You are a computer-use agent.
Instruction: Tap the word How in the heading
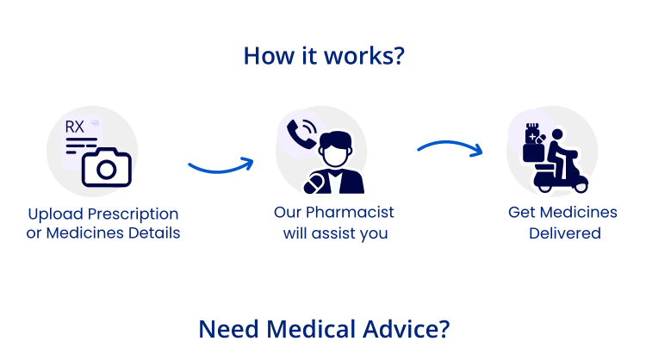coord(262,56)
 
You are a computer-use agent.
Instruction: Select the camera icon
coord(106,167)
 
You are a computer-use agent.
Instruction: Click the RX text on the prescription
coord(76,127)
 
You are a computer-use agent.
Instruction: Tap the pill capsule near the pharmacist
coord(315,183)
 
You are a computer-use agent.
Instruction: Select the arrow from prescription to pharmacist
coord(221,164)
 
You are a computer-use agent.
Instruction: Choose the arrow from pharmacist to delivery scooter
coord(450,146)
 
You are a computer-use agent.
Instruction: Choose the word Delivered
coord(564,233)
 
